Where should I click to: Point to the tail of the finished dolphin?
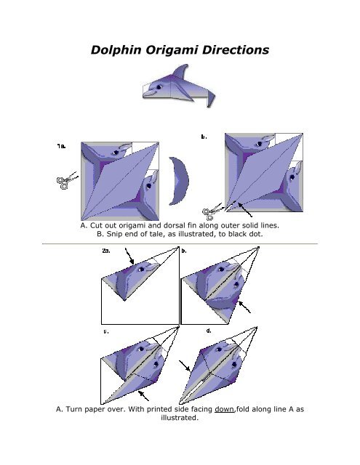[209, 94]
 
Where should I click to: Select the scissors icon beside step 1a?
[63, 182]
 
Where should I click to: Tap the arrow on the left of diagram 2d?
[191, 371]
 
